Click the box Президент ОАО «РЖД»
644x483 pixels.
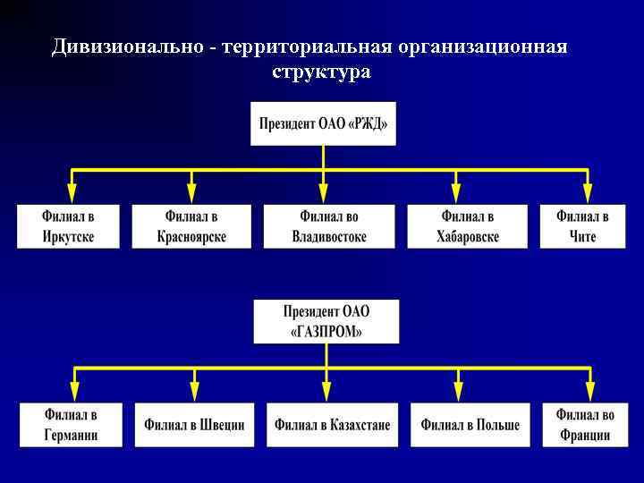click(x=323, y=123)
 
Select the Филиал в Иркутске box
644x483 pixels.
click(x=68, y=226)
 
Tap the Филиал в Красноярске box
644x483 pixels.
click(x=191, y=226)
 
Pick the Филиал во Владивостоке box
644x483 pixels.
click(x=329, y=226)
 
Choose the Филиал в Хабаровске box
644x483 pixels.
click(x=468, y=226)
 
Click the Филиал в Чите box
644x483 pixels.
click(x=582, y=226)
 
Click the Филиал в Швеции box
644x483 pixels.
click(x=195, y=425)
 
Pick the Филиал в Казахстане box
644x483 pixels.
click(x=333, y=425)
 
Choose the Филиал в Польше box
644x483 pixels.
click(x=470, y=425)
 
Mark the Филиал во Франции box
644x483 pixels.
click(x=585, y=425)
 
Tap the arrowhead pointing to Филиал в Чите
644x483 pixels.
click(x=588, y=191)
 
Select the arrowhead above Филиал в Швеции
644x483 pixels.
click(x=195, y=391)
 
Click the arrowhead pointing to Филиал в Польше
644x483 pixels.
click(x=459, y=391)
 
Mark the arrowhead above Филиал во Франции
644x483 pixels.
click(x=589, y=391)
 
